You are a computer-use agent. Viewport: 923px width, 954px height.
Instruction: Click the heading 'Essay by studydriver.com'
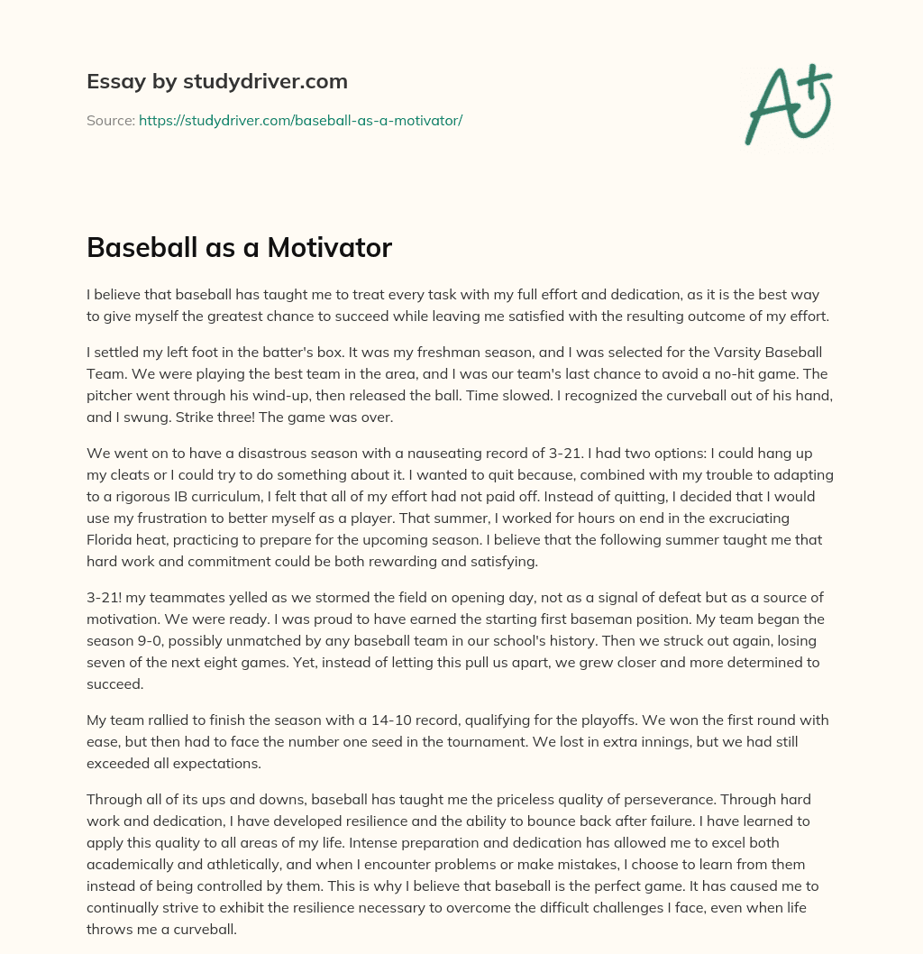(x=216, y=81)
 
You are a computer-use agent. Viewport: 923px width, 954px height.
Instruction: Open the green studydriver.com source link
(x=300, y=120)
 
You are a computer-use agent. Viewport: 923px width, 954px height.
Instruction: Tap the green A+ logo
(x=788, y=105)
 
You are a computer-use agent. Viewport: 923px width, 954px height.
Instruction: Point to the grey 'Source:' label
(x=110, y=120)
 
